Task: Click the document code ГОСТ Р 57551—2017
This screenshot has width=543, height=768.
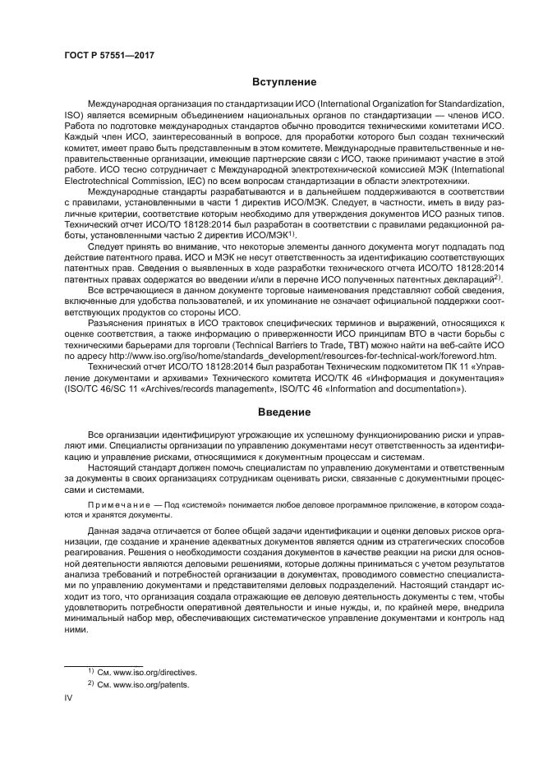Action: tap(109, 55)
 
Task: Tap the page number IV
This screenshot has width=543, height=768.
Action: tap(68, 698)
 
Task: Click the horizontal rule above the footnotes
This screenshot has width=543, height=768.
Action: tap(103, 663)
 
